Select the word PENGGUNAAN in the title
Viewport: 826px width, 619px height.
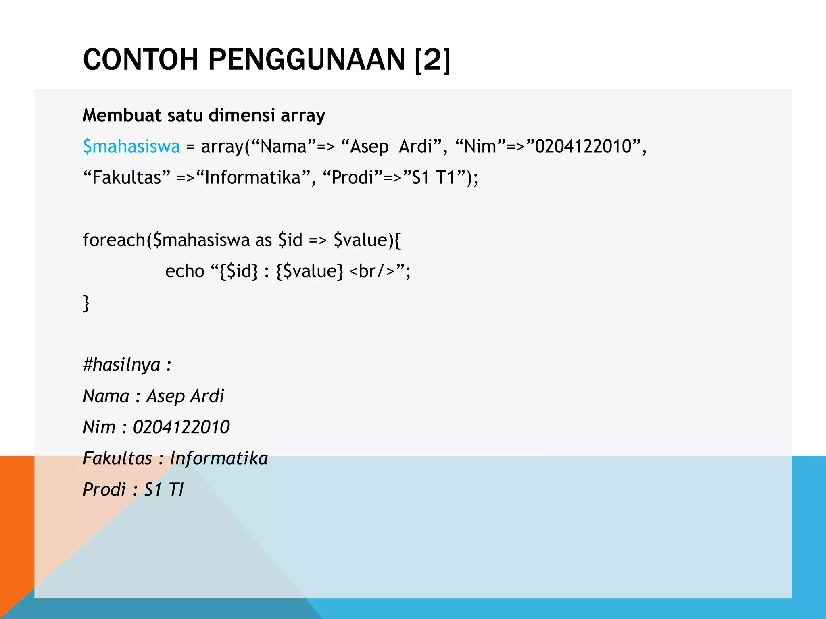[307, 60]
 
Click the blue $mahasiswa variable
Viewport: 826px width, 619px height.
[131, 146]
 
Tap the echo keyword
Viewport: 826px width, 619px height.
[185, 271]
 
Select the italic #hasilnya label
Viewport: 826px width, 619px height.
[121, 365]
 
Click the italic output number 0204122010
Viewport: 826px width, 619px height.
[181, 427]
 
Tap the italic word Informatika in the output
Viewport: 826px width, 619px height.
[219, 458]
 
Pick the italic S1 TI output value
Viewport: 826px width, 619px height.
[164, 490]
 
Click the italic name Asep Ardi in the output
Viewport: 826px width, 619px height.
[185, 396]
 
